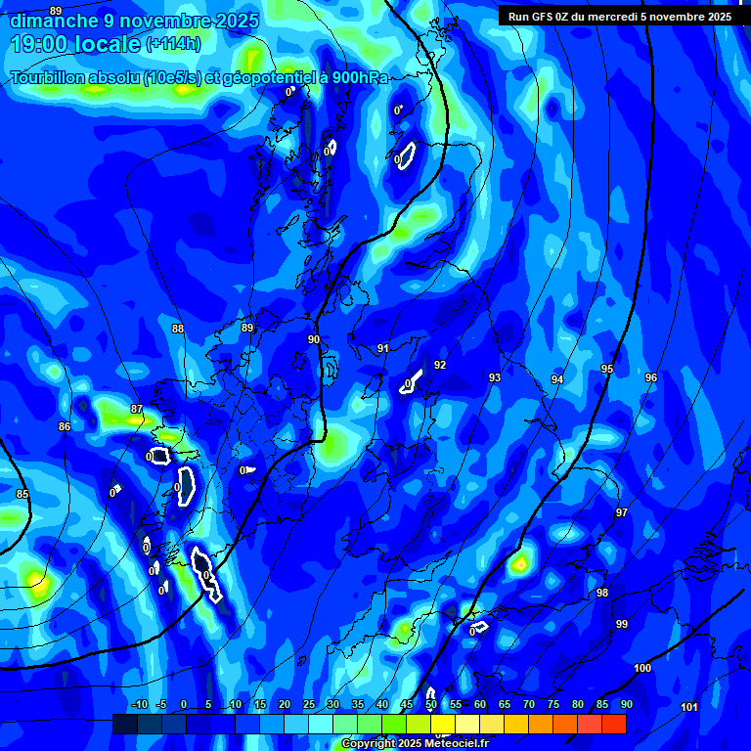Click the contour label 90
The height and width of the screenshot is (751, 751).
pyautogui.click(x=314, y=339)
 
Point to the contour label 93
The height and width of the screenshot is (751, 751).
pyautogui.click(x=495, y=377)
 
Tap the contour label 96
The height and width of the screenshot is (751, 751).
pyautogui.click(x=651, y=377)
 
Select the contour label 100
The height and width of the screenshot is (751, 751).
pyautogui.click(x=642, y=668)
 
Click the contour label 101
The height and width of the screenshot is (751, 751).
pyautogui.click(x=689, y=707)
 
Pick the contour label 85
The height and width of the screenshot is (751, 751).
pyautogui.click(x=22, y=494)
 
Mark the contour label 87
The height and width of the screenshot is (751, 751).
pyautogui.click(x=137, y=409)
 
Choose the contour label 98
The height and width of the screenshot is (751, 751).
pyautogui.click(x=602, y=593)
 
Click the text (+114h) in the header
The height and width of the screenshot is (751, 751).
pyautogui.click(x=173, y=43)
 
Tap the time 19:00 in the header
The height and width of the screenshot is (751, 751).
pyautogui.click(x=48, y=43)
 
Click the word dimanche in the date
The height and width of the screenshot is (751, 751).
pyautogui.click(x=53, y=21)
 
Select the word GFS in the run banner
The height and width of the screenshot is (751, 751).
pyautogui.click(x=552, y=17)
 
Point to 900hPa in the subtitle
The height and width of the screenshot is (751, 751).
pyautogui.click(x=353, y=78)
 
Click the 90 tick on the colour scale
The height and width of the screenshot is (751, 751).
pyautogui.click(x=626, y=704)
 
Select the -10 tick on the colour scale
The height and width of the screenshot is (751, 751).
pyautogui.click(x=139, y=704)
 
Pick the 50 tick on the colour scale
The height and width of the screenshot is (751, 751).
pyautogui.click(x=431, y=704)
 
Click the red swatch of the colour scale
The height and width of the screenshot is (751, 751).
pyautogui.click(x=614, y=724)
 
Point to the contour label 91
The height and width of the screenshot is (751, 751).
pyautogui.click(x=383, y=348)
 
